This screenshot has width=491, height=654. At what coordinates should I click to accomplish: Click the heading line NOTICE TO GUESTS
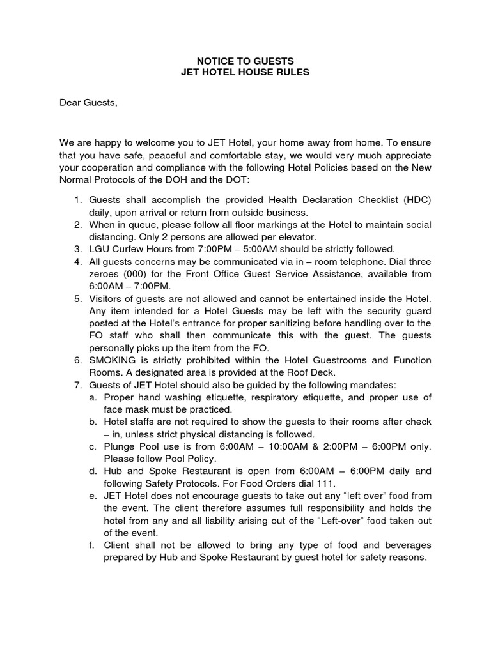click(x=245, y=60)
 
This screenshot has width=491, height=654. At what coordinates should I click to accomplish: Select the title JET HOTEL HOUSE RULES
click(x=245, y=72)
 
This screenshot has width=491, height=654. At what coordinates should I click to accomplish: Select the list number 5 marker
click(x=77, y=298)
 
